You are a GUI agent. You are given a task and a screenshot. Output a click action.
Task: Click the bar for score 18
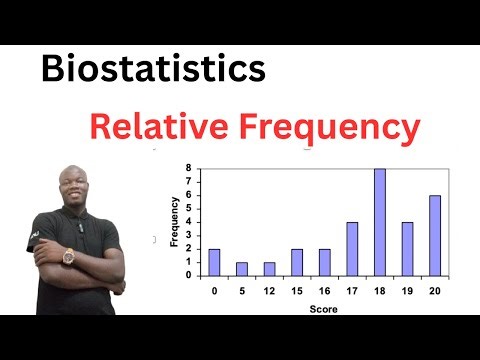(x=380, y=222)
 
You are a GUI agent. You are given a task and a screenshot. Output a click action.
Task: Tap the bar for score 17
(x=353, y=248)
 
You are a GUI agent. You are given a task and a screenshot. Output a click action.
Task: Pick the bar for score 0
(x=214, y=262)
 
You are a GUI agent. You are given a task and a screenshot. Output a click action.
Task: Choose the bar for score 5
(x=242, y=268)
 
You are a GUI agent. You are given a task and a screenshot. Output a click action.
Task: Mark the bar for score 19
(x=407, y=248)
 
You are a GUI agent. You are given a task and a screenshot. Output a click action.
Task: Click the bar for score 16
(x=325, y=262)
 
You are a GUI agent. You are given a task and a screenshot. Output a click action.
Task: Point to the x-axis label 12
(x=269, y=292)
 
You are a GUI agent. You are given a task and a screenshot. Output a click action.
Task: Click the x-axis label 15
(x=297, y=292)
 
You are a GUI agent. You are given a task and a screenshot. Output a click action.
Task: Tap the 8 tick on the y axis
(x=188, y=169)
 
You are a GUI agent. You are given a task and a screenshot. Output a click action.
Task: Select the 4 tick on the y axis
(x=188, y=222)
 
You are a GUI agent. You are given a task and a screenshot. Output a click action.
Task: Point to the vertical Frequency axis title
(x=173, y=221)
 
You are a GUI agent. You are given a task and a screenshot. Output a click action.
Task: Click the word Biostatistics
(x=153, y=69)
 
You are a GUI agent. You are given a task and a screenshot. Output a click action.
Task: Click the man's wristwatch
(x=68, y=257)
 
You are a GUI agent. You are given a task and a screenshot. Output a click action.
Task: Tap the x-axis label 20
(x=434, y=292)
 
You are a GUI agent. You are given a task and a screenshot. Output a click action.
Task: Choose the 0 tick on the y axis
(x=188, y=275)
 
